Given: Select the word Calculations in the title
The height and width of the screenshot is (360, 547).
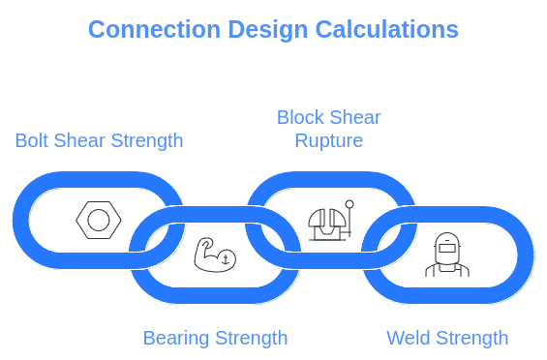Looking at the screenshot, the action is [x=386, y=29].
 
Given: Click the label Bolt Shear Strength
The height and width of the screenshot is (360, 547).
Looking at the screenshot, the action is [x=99, y=140].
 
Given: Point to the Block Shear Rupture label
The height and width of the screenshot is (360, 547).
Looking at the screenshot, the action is [x=329, y=129].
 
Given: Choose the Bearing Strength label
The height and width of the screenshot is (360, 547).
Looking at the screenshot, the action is [x=216, y=338].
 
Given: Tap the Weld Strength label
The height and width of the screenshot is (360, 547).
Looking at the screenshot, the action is [x=447, y=338].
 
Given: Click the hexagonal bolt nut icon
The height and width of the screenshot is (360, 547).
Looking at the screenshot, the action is [x=98, y=221].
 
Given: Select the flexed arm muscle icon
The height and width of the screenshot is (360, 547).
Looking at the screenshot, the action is [x=213, y=254].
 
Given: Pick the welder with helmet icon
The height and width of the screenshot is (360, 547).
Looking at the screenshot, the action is [x=446, y=255].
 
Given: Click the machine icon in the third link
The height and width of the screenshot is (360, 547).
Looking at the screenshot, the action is [x=330, y=222].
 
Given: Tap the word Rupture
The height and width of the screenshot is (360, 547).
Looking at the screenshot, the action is [x=329, y=141].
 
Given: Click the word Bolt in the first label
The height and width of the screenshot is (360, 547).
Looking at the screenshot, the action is [x=31, y=140].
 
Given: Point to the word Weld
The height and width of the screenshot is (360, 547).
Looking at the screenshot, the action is [x=408, y=338].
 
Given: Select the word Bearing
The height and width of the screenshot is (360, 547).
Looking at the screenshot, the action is [x=175, y=338].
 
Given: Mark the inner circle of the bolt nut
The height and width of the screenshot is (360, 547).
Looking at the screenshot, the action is [x=98, y=221].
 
